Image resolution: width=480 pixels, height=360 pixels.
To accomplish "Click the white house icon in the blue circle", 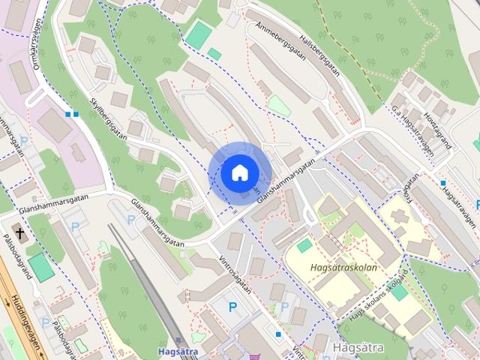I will click(238, 172).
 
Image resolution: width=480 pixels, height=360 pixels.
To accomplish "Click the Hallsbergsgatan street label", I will click(325, 64).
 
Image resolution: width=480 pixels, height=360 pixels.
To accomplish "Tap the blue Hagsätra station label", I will click(178, 350).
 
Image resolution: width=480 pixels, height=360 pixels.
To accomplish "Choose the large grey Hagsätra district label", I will click(358, 348).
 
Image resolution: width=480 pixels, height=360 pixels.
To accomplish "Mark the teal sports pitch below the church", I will click(40, 266).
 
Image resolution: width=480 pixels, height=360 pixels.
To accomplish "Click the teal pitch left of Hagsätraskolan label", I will click(303, 245).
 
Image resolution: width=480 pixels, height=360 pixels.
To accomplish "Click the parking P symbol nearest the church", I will click(73, 226).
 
